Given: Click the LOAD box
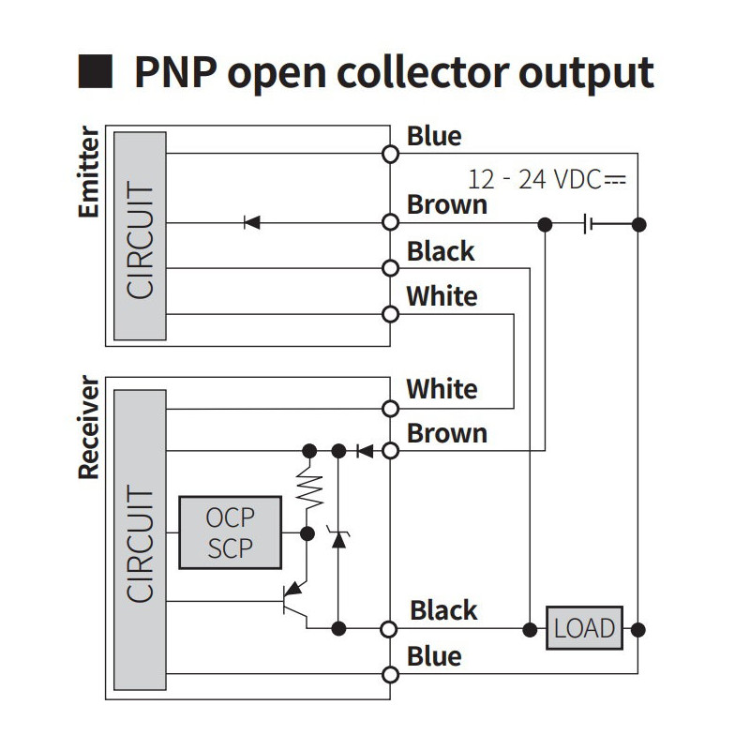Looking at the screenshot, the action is pos(584,628).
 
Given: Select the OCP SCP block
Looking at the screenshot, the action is pos(230,532).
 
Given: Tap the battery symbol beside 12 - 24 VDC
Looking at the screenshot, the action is pos(588,223).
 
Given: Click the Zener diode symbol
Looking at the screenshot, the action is pos(338,538).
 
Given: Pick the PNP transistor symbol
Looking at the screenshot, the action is pos(294,603).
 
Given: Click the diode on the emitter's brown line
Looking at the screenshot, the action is pos(252,222).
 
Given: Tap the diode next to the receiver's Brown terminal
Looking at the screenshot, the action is pos(365,451).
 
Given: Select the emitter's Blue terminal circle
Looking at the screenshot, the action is pos(390,154).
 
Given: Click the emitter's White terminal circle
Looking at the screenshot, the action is pos(390,314).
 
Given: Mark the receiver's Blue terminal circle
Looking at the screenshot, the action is pos(390,674).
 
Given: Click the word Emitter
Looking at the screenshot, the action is pos(88,172).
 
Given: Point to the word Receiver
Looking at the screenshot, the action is pos(88,427).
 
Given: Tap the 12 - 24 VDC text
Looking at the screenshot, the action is pos(547,180).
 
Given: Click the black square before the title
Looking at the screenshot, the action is pos(96,71).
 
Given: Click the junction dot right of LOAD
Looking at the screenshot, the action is pos(638,629).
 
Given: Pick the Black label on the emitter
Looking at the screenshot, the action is pos(441,251).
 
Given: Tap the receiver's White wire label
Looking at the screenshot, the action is pos(442,389).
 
